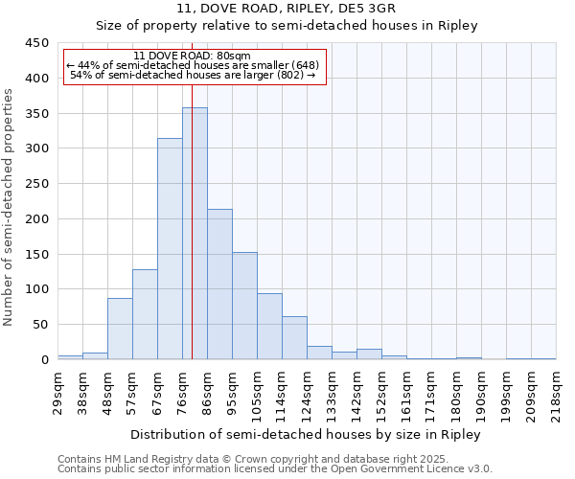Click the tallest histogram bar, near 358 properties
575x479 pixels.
pyautogui.click(x=195, y=234)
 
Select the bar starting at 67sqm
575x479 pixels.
pyautogui.click(x=170, y=249)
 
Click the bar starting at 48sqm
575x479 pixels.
pyautogui.click(x=120, y=329)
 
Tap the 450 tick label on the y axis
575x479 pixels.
pyautogui.click(x=37, y=43)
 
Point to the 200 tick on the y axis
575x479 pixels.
pyautogui.click(x=37, y=219)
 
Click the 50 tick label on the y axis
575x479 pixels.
pyautogui.click(x=41, y=325)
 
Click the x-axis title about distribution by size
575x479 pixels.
pyautogui.click(x=307, y=434)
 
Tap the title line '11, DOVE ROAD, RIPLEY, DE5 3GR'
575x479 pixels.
pyautogui.click(x=287, y=9)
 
